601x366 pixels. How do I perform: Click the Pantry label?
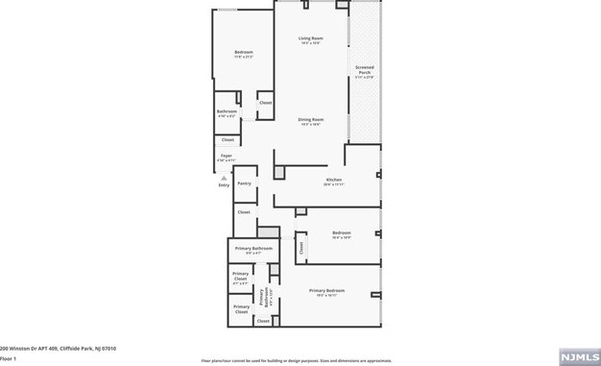[x=244, y=183]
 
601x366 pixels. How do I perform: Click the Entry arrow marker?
[x=223, y=178]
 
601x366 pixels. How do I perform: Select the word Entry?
[x=224, y=185]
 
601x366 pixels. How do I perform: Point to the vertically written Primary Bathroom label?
[x=264, y=298]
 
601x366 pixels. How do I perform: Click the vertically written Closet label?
[x=301, y=248]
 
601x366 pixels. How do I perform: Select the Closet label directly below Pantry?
[x=244, y=211]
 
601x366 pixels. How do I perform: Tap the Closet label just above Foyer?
[x=228, y=140]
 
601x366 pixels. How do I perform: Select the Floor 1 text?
[x=9, y=357]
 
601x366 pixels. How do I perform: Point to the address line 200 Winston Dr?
[x=57, y=348]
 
